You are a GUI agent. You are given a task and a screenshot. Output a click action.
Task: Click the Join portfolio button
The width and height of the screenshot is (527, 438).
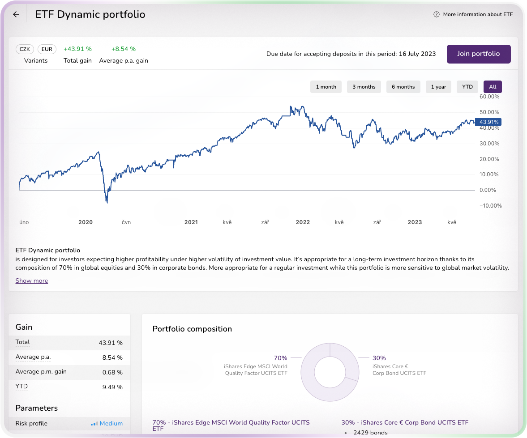click(478, 54)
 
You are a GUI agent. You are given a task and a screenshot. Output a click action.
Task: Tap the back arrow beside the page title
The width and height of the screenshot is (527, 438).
click(16, 14)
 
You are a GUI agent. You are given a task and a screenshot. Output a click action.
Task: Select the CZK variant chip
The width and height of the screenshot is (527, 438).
click(25, 49)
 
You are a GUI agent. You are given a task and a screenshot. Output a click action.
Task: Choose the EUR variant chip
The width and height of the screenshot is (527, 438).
click(47, 49)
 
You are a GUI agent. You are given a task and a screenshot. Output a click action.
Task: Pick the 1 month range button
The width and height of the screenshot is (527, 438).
click(326, 87)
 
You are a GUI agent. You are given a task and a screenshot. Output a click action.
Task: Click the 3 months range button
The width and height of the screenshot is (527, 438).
click(364, 87)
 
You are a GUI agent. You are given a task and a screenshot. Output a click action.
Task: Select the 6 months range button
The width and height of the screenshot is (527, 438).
click(403, 87)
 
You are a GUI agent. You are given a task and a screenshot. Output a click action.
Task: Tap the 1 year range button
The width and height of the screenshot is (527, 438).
click(438, 87)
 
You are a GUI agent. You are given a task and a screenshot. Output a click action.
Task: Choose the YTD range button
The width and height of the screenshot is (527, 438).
click(467, 87)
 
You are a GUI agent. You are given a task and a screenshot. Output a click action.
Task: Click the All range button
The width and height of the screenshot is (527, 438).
click(493, 87)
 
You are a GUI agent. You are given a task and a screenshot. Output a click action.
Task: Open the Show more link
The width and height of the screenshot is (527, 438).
click(32, 281)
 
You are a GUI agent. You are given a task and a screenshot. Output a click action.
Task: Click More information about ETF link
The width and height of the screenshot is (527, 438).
click(473, 14)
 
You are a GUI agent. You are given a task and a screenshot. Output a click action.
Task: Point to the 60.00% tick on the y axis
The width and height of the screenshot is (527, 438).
click(489, 97)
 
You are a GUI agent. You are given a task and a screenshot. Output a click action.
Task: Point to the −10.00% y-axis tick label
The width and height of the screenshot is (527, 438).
click(489, 206)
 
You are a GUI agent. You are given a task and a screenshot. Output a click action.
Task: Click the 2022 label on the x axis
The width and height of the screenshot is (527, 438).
click(303, 222)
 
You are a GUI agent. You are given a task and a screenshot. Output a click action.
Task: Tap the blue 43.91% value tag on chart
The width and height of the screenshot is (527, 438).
click(489, 122)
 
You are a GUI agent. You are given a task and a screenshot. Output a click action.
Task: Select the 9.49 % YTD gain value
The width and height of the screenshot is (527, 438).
click(112, 387)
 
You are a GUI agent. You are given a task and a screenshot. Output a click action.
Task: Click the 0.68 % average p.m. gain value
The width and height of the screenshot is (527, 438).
click(112, 372)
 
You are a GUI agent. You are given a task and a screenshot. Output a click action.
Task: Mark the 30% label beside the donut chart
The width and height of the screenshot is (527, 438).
click(379, 358)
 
